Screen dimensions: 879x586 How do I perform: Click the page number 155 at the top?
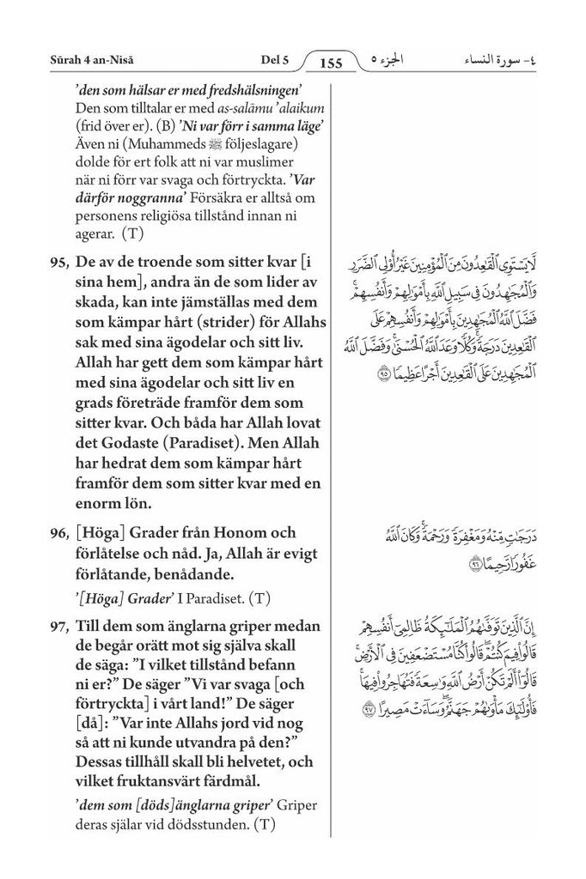point(330,63)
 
